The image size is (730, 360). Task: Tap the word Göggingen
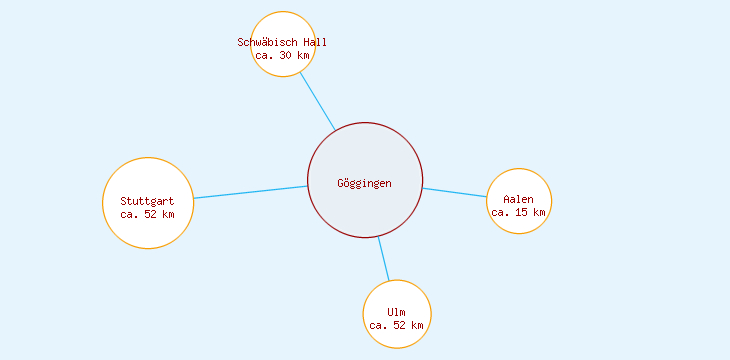tap(365, 183)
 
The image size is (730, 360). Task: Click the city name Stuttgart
tap(147, 201)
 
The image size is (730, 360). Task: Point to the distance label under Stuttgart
tap(147, 214)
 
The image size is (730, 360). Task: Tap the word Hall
tap(314, 42)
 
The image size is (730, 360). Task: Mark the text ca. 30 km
tap(282, 56)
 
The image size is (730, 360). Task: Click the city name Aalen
tap(519, 199)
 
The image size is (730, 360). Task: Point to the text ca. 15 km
tap(519, 212)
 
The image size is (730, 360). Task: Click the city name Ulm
tap(397, 313)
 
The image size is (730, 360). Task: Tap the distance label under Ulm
tap(397, 326)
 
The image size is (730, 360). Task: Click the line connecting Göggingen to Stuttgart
tap(250, 192)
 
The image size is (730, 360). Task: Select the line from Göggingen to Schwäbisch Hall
tap(318, 102)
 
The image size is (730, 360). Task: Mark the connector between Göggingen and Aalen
tap(455, 192)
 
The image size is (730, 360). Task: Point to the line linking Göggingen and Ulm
tap(384, 259)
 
